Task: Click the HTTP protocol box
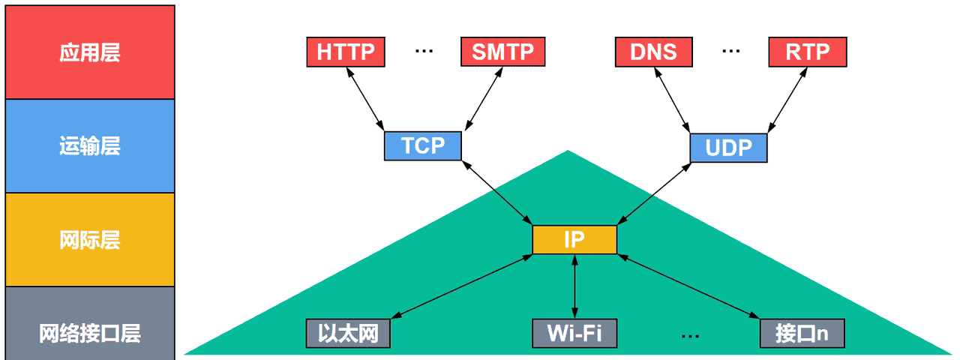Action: coord(345,52)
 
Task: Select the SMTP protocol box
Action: coord(502,52)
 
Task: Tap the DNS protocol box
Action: coord(653,52)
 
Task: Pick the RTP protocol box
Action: coord(808,52)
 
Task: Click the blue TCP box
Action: coord(423,145)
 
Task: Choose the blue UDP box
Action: coord(728,148)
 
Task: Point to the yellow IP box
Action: coord(574,239)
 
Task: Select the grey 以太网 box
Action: coord(348,333)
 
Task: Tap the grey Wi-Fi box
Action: coord(574,333)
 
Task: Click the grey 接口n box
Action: coord(802,333)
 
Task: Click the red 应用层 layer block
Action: coord(90,52)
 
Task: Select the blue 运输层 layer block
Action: coord(90,146)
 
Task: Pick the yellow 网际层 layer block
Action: coord(90,240)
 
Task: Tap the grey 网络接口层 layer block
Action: coord(90,333)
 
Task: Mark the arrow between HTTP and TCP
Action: coord(364,98)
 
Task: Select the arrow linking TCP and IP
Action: coord(498,192)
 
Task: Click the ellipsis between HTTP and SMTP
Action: coord(424,51)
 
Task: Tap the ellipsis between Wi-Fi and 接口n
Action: coord(690,334)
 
